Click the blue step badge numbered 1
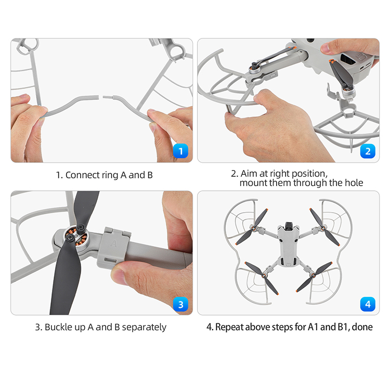pos(180,151)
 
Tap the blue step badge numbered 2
pos(368,151)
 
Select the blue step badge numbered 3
pos(180,304)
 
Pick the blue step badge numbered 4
pos(368,304)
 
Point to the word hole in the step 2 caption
pos(354,183)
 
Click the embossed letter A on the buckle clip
pos(113,243)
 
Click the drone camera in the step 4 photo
pos(289,225)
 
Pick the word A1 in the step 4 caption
pos(313,327)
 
